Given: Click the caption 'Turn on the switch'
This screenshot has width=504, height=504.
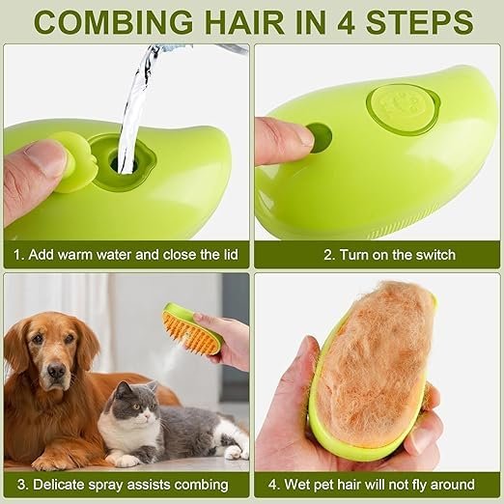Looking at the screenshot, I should click(377, 255).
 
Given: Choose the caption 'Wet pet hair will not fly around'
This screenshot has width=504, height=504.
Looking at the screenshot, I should click(377, 485).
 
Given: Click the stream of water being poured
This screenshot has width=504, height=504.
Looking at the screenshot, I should click(135, 97).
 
